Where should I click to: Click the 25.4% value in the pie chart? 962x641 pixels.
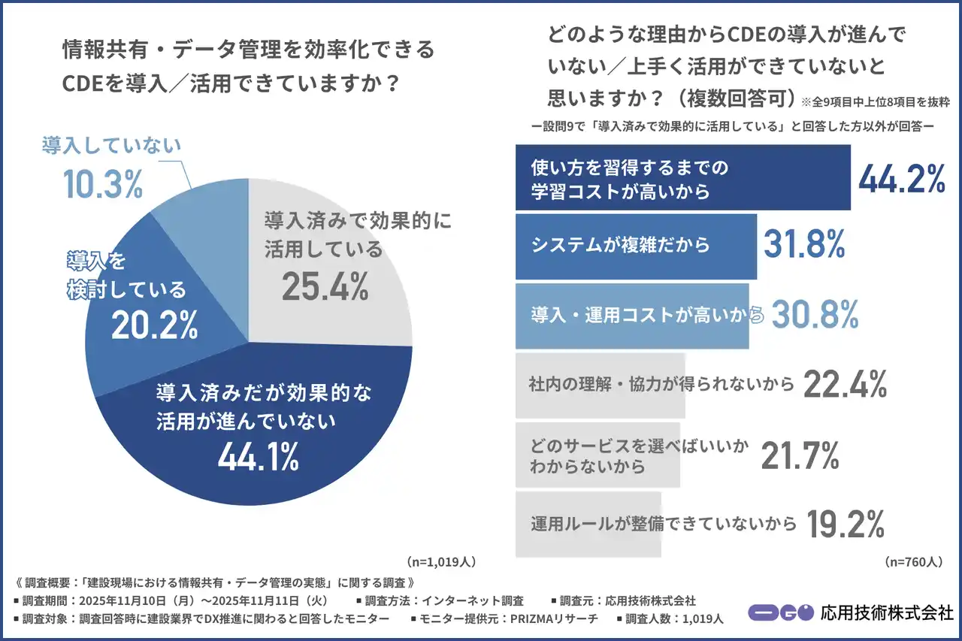pyautogui.click(x=325, y=286)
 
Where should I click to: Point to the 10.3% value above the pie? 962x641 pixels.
pyautogui.click(x=102, y=184)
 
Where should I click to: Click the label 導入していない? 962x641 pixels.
pyautogui.click(x=111, y=145)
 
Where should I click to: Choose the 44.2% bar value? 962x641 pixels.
pyautogui.click(x=901, y=178)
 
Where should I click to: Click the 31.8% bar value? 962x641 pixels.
pyautogui.click(x=805, y=244)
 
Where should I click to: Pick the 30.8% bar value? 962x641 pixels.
pyautogui.click(x=815, y=316)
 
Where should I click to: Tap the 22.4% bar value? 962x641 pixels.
pyautogui.click(x=845, y=385)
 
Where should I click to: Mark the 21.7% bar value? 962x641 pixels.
pyautogui.click(x=800, y=455)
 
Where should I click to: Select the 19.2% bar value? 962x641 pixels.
pyautogui.click(x=844, y=523)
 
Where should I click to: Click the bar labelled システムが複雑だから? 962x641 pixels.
pyautogui.click(x=636, y=246)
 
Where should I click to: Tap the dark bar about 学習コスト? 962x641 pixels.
pyautogui.click(x=682, y=178)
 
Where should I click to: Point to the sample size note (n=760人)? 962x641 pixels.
pyautogui.click(x=912, y=561)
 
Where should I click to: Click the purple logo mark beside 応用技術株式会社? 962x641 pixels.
pyautogui.click(x=780, y=612)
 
